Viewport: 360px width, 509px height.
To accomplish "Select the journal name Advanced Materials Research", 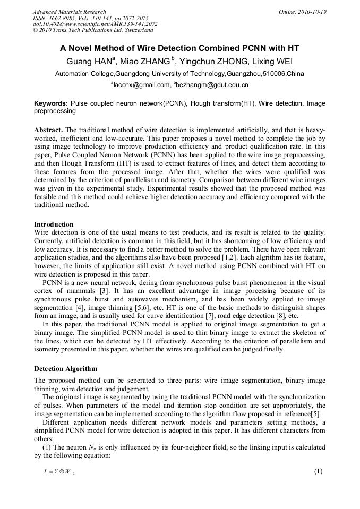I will point(69,12).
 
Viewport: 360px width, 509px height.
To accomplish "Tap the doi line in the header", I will point(95,24).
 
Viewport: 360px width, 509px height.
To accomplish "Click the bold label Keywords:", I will point(51,103).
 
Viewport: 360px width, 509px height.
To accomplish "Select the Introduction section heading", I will point(54,225).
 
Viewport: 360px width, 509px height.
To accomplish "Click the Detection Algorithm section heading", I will point(65,369).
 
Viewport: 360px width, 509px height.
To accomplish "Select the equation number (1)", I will point(319,471).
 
